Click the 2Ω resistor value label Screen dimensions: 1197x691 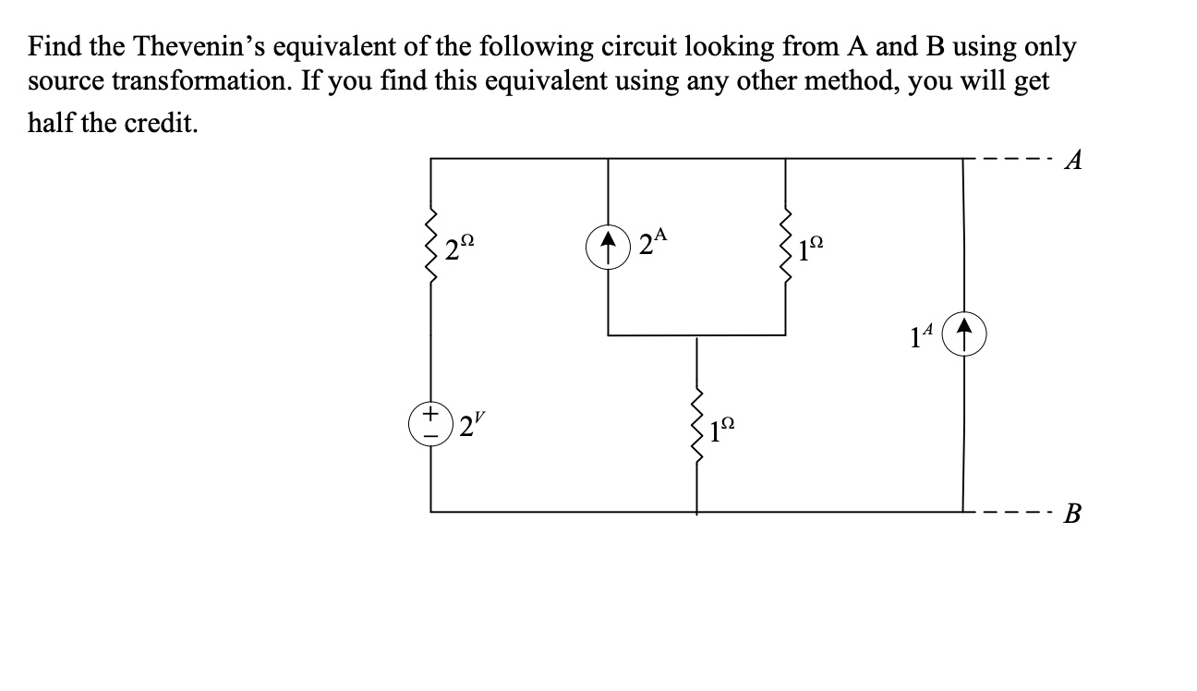point(459,249)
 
